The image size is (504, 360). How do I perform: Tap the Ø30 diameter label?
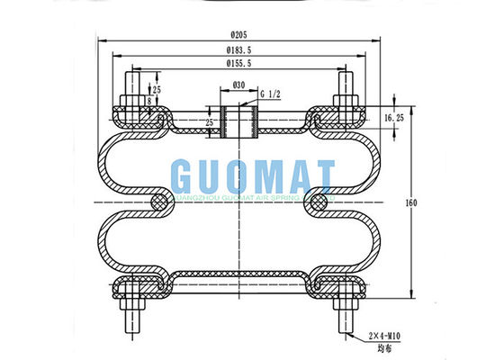click(x=239, y=85)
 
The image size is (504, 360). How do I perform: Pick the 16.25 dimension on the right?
click(x=393, y=118)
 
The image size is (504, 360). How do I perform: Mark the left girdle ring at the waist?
click(x=159, y=203)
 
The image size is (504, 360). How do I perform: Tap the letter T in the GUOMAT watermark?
click(x=320, y=174)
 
